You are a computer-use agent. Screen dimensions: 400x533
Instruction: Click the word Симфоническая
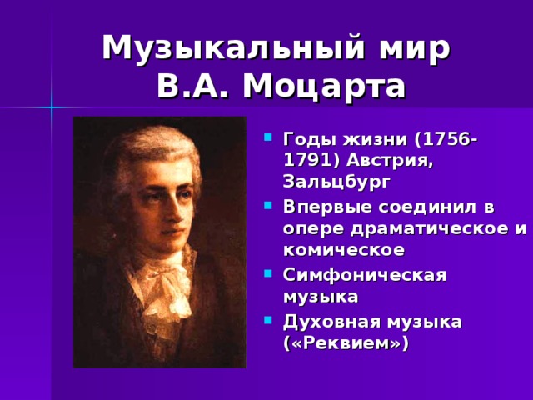coord(366,275)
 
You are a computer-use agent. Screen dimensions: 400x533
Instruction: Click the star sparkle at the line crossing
coord(52,107)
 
